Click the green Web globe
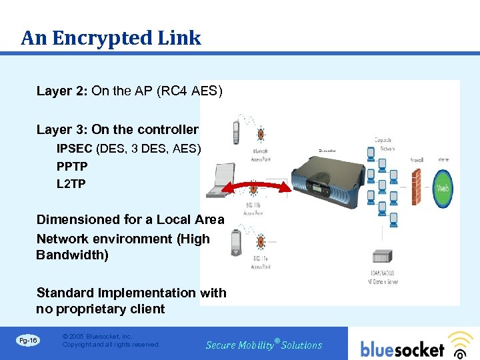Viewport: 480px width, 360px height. click(442, 187)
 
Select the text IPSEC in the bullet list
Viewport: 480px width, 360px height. click(75, 148)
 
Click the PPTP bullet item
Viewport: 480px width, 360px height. click(72, 166)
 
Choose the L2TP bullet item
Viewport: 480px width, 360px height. click(71, 183)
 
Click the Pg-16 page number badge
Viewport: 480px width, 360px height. click(29, 341)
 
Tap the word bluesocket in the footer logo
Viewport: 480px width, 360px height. click(402, 349)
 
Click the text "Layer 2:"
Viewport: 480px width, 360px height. click(62, 91)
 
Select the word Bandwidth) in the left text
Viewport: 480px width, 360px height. click(72, 255)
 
